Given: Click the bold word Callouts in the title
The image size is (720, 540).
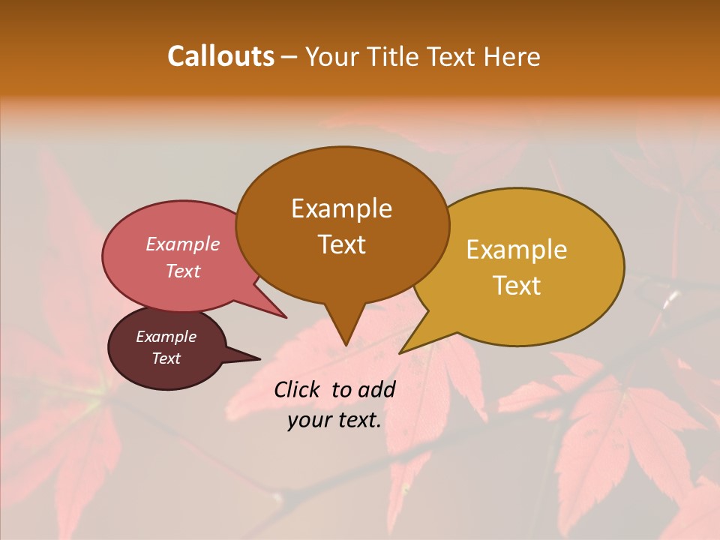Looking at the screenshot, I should [220, 56].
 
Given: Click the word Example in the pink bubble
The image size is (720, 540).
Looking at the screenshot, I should [182, 244].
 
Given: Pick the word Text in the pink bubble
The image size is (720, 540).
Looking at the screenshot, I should [182, 271].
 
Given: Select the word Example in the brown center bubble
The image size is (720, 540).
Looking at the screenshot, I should [341, 208].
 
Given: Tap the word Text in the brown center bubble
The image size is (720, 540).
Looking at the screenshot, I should [341, 244].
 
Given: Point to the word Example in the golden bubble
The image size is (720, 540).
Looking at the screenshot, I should [517, 250].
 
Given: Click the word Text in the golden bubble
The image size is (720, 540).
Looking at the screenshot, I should [517, 285].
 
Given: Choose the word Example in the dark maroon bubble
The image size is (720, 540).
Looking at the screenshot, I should [166, 337].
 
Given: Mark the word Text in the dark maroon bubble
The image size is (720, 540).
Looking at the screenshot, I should [166, 358].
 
